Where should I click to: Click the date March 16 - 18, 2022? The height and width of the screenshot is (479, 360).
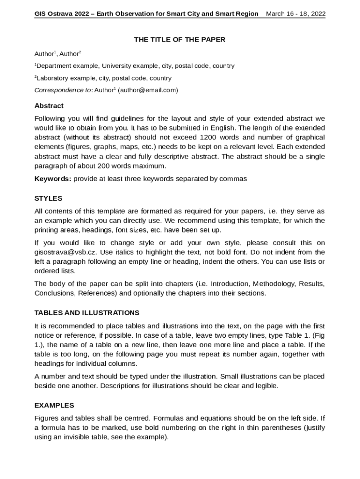tap(295, 14)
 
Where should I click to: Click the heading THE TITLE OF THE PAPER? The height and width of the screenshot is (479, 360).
tap(180, 40)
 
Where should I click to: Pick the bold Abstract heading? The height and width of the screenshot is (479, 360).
tap(49, 106)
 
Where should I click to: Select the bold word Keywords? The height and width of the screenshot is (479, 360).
tap(53, 179)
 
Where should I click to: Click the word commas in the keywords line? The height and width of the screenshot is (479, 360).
tap(234, 179)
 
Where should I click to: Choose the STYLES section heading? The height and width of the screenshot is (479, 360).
tap(49, 198)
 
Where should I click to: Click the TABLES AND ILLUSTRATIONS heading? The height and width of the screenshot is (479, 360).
tap(87, 312)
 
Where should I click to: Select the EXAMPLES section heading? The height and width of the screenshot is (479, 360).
tap(54, 405)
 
